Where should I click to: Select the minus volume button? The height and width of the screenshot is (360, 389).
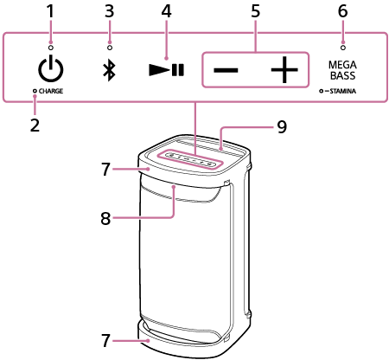click(226, 70)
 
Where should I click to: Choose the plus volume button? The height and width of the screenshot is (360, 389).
click(284, 70)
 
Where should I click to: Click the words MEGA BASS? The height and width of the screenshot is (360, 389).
click(342, 70)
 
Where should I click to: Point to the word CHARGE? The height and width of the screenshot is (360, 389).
click(51, 91)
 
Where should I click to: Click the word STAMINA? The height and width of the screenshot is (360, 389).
click(343, 91)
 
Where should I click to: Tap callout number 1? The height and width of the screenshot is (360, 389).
click(51, 11)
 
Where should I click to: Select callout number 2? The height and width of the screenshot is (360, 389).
click(35, 125)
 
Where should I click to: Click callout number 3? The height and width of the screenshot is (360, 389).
click(109, 11)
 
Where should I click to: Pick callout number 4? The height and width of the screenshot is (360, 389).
click(167, 11)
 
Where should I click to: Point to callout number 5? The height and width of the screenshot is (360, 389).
click(255, 11)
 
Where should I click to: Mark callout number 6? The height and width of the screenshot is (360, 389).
click(342, 11)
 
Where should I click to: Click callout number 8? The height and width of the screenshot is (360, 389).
click(105, 218)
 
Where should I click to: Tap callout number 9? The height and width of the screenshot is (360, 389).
click(282, 126)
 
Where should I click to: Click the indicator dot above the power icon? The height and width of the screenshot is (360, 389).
click(51, 48)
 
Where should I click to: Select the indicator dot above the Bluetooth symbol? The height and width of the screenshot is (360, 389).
click(110, 48)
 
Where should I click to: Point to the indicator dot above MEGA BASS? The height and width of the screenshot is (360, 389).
click(343, 48)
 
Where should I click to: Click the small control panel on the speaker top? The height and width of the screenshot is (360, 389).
click(190, 159)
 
